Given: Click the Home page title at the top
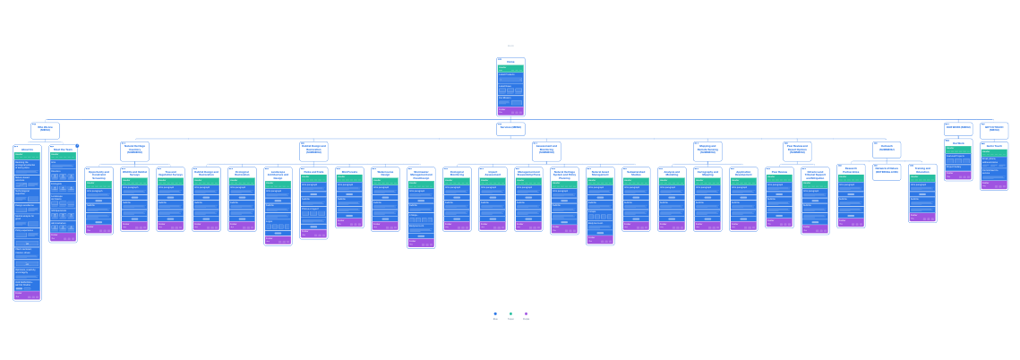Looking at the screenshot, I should point(510,62).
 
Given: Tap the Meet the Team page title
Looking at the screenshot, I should point(63,150).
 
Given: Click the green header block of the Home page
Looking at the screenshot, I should point(510,67).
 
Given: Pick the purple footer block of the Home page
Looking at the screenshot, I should point(510,111).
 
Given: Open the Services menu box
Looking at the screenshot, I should point(510,128).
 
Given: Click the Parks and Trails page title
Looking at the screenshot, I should point(313,171).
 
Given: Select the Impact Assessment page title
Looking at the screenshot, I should point(493,173).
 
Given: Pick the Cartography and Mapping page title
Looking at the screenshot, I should point(707,173).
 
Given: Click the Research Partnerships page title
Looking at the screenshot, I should point(851,169).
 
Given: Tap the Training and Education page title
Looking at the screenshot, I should point(922,169).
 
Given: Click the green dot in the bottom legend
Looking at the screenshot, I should point(510,313).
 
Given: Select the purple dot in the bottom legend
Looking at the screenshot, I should point(526,313).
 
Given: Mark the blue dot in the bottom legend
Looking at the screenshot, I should point(495,313).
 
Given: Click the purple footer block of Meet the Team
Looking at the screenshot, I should point(63,237).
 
